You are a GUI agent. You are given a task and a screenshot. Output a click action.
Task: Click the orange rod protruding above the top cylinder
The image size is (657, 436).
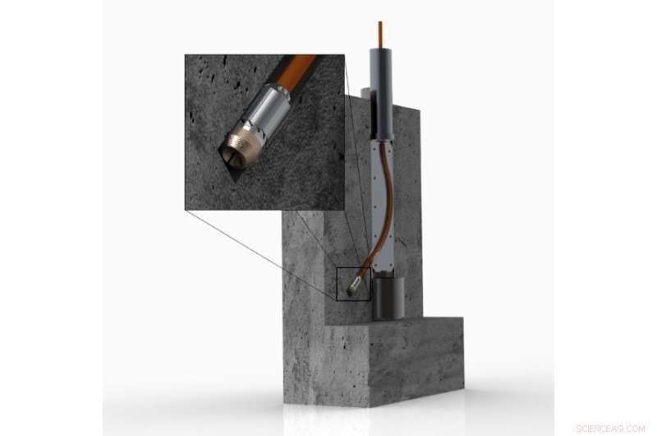coord(379,34)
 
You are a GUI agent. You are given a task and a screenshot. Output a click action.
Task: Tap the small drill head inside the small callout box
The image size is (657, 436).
coord(354,286)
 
